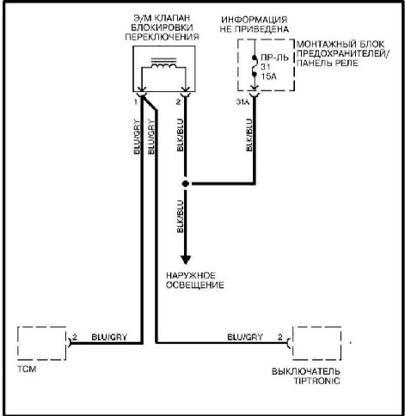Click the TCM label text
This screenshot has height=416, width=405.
pos(27,369)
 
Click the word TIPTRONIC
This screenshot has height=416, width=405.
pos(317,381)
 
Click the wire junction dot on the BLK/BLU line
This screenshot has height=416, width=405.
pos(186,184)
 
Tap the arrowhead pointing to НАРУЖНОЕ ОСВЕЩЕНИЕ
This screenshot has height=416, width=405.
pos(186,260)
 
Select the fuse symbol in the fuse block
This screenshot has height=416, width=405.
pos(254,66)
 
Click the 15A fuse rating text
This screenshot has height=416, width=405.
pos(268,76)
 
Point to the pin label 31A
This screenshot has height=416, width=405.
pos(242,101)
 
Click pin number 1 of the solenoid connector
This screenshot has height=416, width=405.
pos(136,101)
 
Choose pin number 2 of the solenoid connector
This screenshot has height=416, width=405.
pos(178,101)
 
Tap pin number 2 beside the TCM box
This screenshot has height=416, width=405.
pos(75,337)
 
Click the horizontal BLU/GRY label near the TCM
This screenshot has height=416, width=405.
pos(109,337)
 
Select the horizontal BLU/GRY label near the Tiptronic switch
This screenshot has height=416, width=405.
pos(245,337)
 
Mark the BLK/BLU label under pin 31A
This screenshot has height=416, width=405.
pos(249,135)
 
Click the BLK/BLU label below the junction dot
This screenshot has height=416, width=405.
pos(180,217)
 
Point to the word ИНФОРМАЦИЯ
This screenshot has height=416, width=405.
pos(255,20)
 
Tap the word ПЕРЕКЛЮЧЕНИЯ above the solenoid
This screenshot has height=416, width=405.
pos(162,37)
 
